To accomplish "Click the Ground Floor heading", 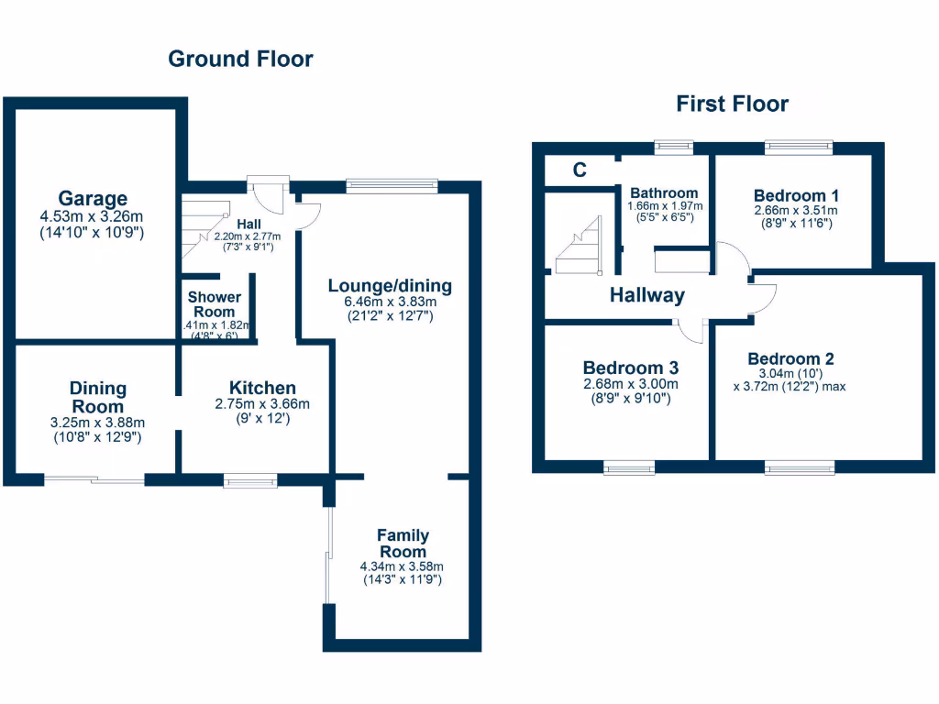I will (240, 60).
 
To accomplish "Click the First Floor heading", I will (732, 104).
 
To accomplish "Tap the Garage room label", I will (93, 199).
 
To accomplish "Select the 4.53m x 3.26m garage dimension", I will (93, 218).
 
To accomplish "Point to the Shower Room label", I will (215, 304).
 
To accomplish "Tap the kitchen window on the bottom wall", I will (250, 478).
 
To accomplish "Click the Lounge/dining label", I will (390, 286).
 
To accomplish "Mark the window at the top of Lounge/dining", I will (392, 186).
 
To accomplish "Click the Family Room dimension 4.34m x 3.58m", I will (402, 566).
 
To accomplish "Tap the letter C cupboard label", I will (580, 170).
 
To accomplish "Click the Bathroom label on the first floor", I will (663, 193).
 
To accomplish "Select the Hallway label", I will (647, 295).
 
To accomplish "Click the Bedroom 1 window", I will (799, 147).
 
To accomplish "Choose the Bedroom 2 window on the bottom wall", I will (800, 467).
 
